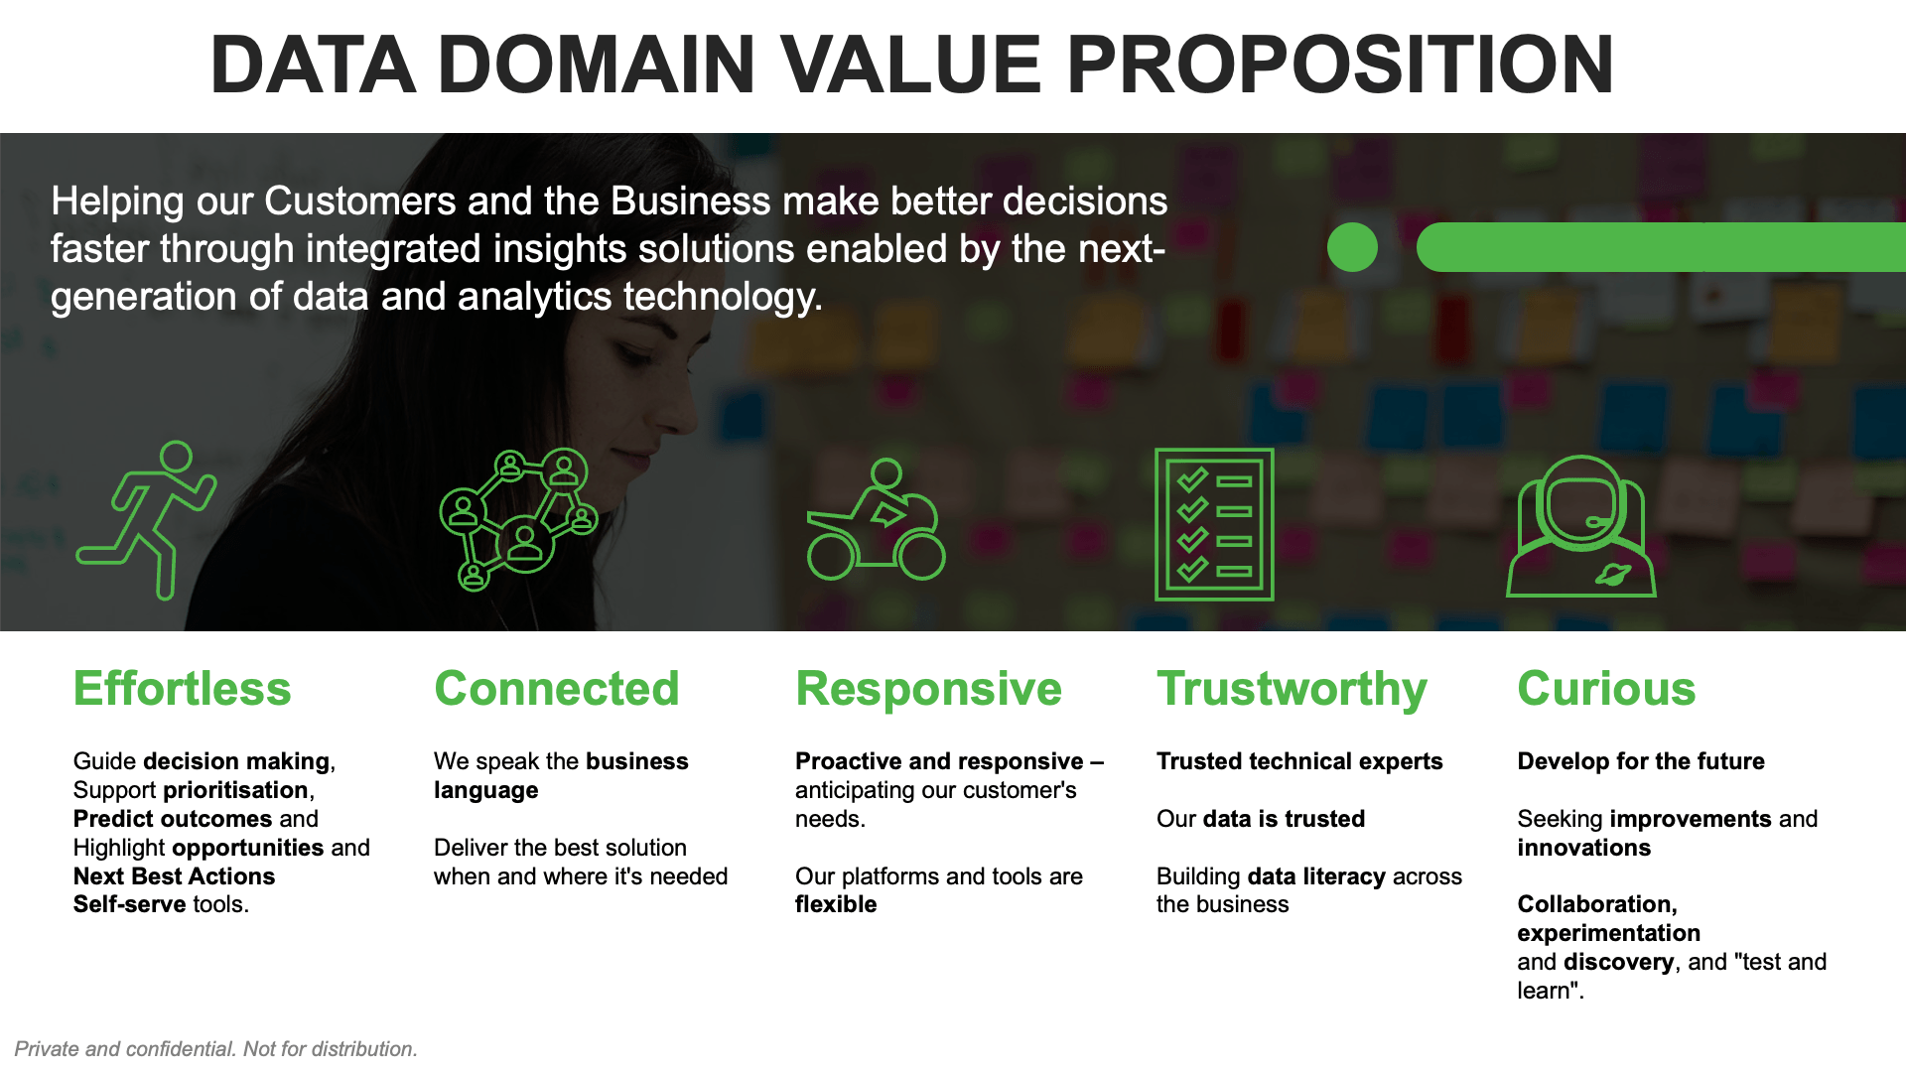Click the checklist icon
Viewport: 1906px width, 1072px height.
tap(1214, 524)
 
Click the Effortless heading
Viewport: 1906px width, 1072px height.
tap(182, 689)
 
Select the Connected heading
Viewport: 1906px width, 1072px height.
tap(557, 689)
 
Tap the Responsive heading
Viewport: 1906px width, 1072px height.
tap(928, 689)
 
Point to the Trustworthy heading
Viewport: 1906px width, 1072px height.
tap(1292, 689)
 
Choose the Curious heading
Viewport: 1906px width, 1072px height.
tap(1606, 689)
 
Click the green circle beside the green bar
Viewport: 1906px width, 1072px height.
tap(1352, 247)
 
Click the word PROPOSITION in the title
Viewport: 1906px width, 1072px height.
tap(1340, 66)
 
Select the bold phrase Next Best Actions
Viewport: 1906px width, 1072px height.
tap(174, 876)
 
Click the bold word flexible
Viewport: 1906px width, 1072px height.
tap(836, 904)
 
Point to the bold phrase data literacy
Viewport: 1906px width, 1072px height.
tap(1316, 876)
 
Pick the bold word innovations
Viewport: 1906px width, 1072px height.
tap(1583, 848)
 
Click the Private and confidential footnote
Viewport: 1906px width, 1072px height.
tap(215, 1049)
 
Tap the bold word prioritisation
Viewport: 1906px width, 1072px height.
tap(235, 790)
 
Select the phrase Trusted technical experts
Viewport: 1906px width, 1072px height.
tap(1299, 761)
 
